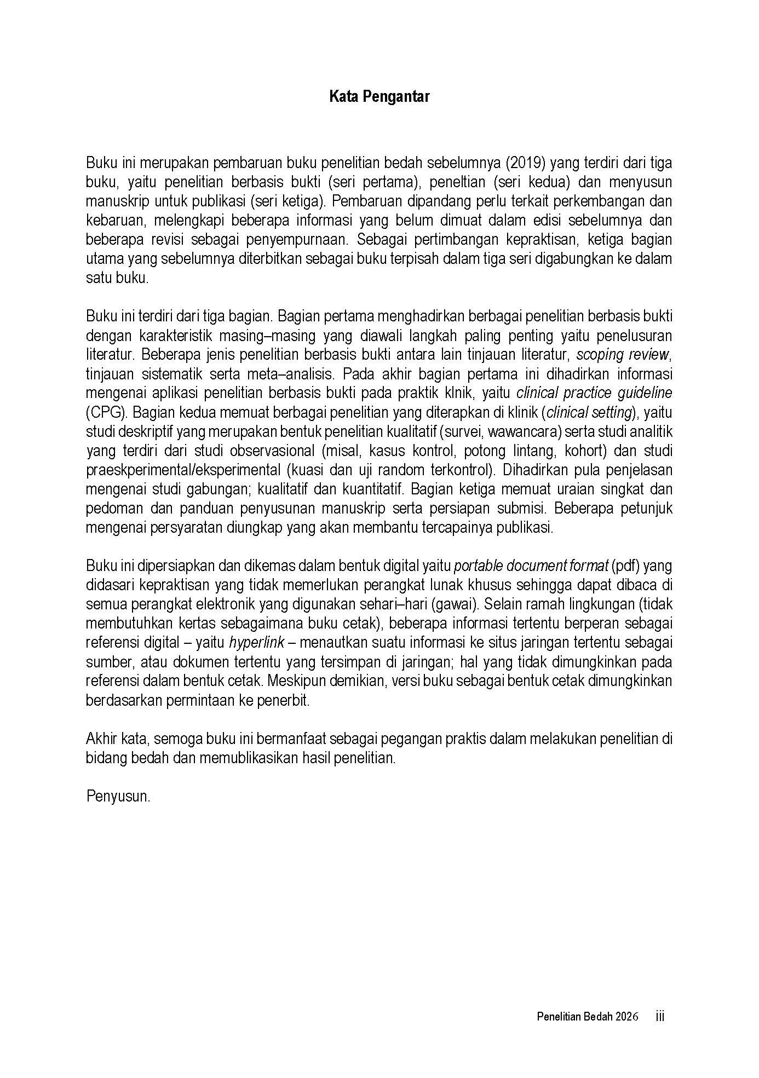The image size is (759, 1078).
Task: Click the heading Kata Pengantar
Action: pyautogui.click(x=379, y=97)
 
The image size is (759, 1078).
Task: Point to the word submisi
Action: pyautogui.click(x=523, y=509)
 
